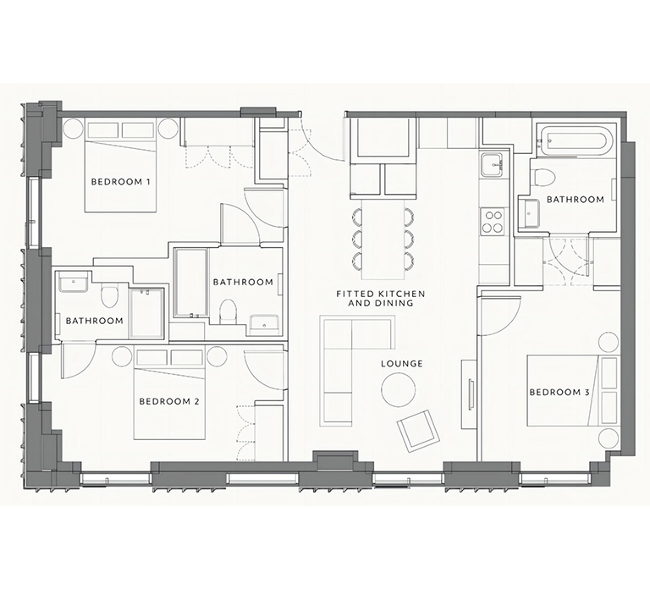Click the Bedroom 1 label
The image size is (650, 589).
tap(120, 182)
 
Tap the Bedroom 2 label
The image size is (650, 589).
tap(169, 401)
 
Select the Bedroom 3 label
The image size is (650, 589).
tap(559, 392)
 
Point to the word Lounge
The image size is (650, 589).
tap(402, 364)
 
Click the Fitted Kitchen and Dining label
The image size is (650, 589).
tap(381, 299)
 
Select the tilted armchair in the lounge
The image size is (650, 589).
tap(418, 431)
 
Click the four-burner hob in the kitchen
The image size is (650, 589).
tap(493, 222)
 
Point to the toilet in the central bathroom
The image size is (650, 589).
tap(227, 311)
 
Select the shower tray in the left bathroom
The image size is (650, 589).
tap(146, 312)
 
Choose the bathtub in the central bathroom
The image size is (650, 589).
tap(190, 283)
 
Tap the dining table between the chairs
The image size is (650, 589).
tap(383, 239)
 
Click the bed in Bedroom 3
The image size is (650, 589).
tap(571, 390)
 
